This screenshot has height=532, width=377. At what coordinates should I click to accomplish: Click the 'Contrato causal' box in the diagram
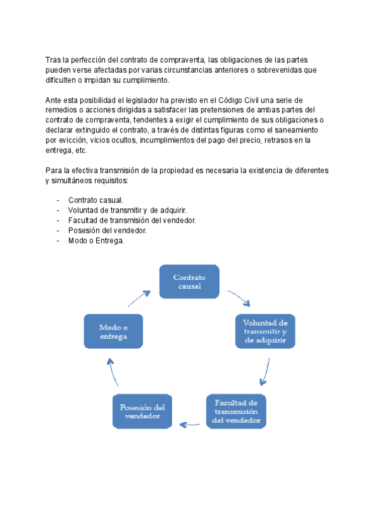189,282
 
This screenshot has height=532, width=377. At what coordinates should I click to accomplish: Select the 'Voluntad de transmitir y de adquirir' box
265,331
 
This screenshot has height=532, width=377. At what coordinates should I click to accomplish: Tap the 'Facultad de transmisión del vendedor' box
236,411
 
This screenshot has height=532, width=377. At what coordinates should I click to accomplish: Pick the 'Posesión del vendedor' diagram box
142,412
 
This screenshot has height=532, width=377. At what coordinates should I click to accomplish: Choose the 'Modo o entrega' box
114,331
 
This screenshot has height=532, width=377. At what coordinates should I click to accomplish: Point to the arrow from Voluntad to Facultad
266,371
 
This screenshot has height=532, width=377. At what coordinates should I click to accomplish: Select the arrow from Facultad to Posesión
190,425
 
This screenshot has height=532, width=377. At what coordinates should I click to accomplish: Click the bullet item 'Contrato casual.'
96,200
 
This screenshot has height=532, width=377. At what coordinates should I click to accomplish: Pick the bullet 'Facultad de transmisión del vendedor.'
132,220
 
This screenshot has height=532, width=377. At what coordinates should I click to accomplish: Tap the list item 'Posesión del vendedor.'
107,230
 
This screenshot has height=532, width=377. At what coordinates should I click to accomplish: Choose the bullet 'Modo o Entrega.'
96,240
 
